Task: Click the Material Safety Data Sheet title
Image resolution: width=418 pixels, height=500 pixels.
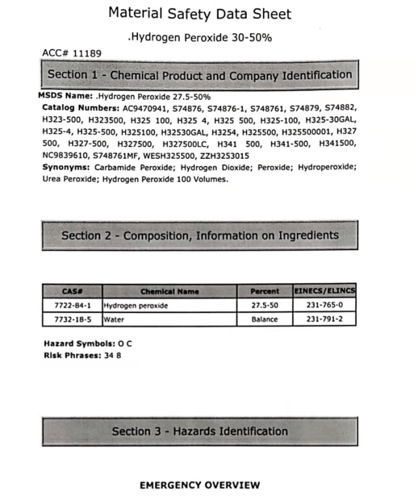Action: pos(199,14)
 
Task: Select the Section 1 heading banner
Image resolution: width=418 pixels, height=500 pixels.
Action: pos(200,75)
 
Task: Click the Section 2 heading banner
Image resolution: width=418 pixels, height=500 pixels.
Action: pos(200,235)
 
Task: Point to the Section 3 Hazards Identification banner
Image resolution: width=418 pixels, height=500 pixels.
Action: pos(200,431)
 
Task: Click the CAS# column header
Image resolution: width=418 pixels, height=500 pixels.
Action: pos(72,292)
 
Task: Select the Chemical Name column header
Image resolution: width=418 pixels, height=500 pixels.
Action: pos(170,292)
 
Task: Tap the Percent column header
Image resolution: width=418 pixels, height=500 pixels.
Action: pos(264,292)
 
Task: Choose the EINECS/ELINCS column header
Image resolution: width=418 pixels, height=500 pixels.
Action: pos(326,292)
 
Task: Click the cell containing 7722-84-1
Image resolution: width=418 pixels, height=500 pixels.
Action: pos(72,305)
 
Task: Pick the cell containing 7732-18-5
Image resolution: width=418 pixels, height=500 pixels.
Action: pos(72,319)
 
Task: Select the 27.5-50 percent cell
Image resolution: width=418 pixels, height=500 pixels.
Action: pos(264,305)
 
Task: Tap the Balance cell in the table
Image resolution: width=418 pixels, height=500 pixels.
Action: pos(264,319)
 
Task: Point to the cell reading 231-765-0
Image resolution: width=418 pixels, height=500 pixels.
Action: pos(326,305)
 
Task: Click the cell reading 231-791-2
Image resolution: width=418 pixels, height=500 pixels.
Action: pos(326,319)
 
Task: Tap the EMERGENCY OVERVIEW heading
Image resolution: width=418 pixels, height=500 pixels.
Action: pos(200,485)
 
